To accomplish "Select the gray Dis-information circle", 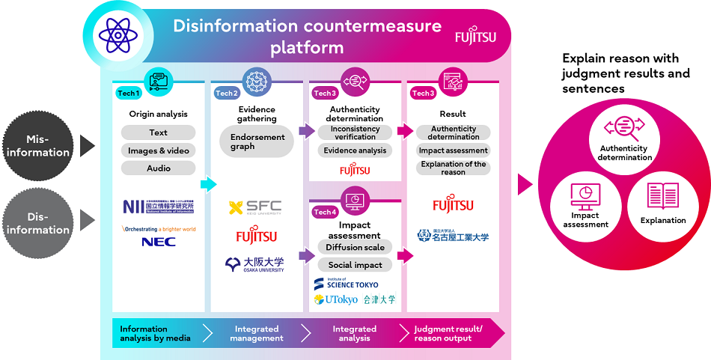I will pos(38,222).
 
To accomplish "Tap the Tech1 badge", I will pos(128,93).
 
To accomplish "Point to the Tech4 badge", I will pos(325,212).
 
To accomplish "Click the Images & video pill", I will pos(158,150).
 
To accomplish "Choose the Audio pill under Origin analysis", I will pos(158,168).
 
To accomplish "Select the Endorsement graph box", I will pos(257,141).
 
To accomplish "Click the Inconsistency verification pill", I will pos(355,132).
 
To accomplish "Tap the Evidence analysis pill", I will pos(355,150).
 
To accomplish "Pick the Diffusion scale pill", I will pos(355,247).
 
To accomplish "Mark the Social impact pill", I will pos(355,265).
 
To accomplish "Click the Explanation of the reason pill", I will pos(453,168).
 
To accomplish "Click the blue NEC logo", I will pos(158,241).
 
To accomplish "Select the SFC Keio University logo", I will pos(256,207).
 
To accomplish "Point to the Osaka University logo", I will pos(255,264).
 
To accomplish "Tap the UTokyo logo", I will pos(336,299).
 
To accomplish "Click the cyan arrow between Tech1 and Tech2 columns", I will pos(208,184).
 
